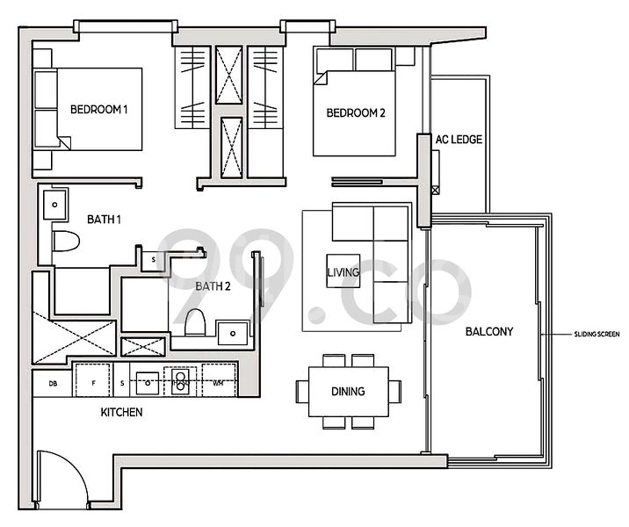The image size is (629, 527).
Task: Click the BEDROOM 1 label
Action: [x=99, y=110]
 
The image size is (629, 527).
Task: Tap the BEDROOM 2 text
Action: [x=356, y=113]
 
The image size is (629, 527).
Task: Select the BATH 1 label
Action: [x=104, y=219]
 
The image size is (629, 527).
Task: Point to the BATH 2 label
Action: [x=213, y=285]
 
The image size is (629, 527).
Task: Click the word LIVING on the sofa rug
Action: [x=342, y=272]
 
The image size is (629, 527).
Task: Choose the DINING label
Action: [x=348, y=392]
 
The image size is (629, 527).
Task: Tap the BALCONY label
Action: [x=489, y=332]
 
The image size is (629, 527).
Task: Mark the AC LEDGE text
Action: [x=459, y=140]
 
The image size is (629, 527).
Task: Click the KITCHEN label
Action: [x=121, y=412]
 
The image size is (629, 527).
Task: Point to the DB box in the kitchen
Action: [x=53, y=383]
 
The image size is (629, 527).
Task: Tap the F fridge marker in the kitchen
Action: [x=91, y=382]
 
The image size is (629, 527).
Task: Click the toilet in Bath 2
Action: [x=195, y=324]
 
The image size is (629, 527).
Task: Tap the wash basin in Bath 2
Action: [x=232, y=332]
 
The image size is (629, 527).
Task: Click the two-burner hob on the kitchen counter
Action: [x=180, y=381]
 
